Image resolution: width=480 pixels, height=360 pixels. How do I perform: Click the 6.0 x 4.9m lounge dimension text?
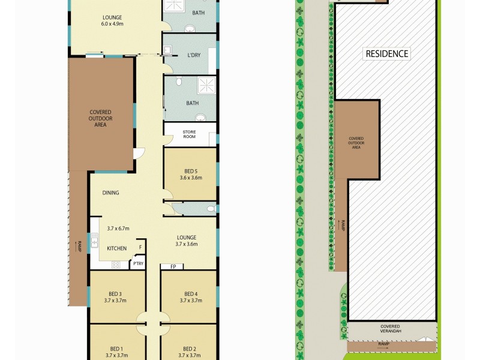point(112,25)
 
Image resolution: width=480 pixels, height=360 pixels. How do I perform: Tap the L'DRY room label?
point(193,55)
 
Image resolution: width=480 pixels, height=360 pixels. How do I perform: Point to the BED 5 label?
point(191,169)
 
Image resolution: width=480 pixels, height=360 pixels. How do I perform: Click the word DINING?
point(110,193)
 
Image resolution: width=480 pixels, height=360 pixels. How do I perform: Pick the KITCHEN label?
point(116,248)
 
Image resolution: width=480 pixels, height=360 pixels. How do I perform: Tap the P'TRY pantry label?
point(138,263)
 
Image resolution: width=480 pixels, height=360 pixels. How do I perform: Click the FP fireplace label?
point(173,266)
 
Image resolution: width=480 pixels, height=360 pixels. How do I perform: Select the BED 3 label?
point(115,293)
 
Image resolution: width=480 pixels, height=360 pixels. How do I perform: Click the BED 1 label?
point(116,349)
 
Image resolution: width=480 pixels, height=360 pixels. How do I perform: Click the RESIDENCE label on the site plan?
point(387,53)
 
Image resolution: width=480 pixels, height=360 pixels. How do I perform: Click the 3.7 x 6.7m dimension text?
point(118,229)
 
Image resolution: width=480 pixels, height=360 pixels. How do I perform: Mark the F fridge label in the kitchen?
point(140,247)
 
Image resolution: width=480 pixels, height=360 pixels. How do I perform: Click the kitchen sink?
point(95,243)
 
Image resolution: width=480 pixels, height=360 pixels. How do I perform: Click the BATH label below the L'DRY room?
point(192,103)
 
